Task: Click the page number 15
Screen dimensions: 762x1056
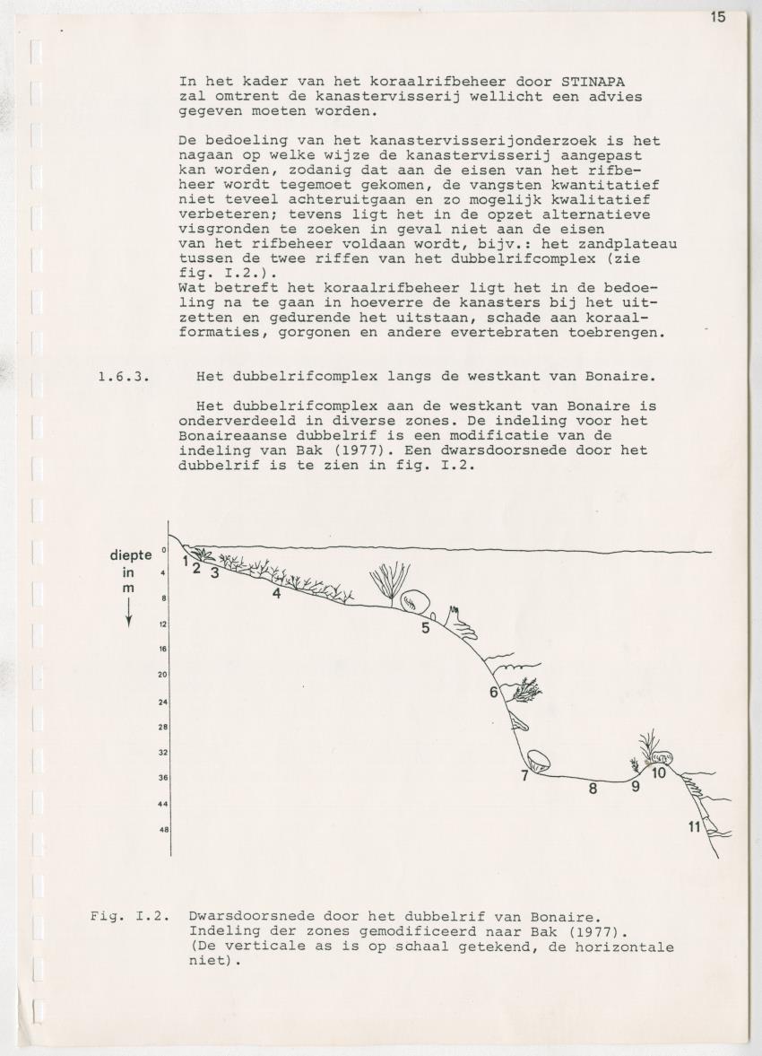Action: click(718, 16)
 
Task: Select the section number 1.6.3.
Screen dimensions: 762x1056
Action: click(123, 376)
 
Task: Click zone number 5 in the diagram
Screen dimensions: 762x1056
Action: click(426, 628)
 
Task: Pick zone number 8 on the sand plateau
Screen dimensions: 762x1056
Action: click(593, 790)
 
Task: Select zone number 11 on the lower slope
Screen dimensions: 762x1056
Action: click(694, 827)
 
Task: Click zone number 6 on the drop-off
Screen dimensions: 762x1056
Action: click(494, 692)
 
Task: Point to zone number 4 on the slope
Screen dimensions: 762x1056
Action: click(277, 594)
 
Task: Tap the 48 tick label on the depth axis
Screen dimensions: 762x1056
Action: click(164, 830)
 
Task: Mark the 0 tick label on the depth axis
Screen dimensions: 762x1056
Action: click(164, 550)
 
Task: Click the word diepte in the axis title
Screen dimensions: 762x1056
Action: click(130, 554)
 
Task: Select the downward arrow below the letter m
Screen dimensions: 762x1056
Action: click(129, 614)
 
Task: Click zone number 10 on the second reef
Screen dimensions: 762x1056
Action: click(659, 772)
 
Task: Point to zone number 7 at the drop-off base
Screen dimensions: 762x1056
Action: click(525, 776)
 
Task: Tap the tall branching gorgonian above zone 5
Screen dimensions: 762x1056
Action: click(389, 581)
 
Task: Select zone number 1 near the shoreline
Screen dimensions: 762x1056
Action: click(185, 562)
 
